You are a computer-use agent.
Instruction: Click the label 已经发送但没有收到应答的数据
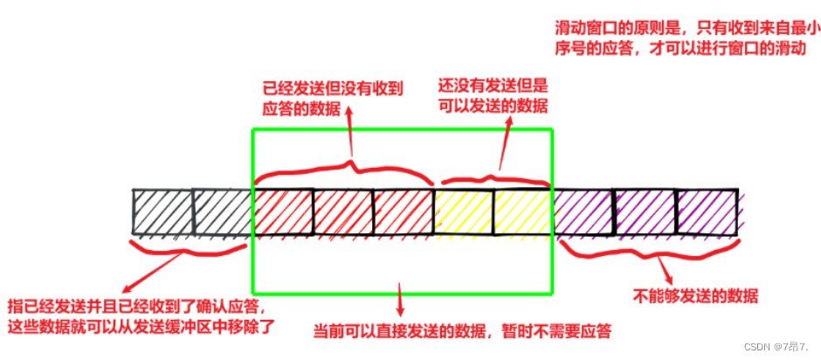(333, 100)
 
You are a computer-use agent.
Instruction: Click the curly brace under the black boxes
(188, 247)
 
